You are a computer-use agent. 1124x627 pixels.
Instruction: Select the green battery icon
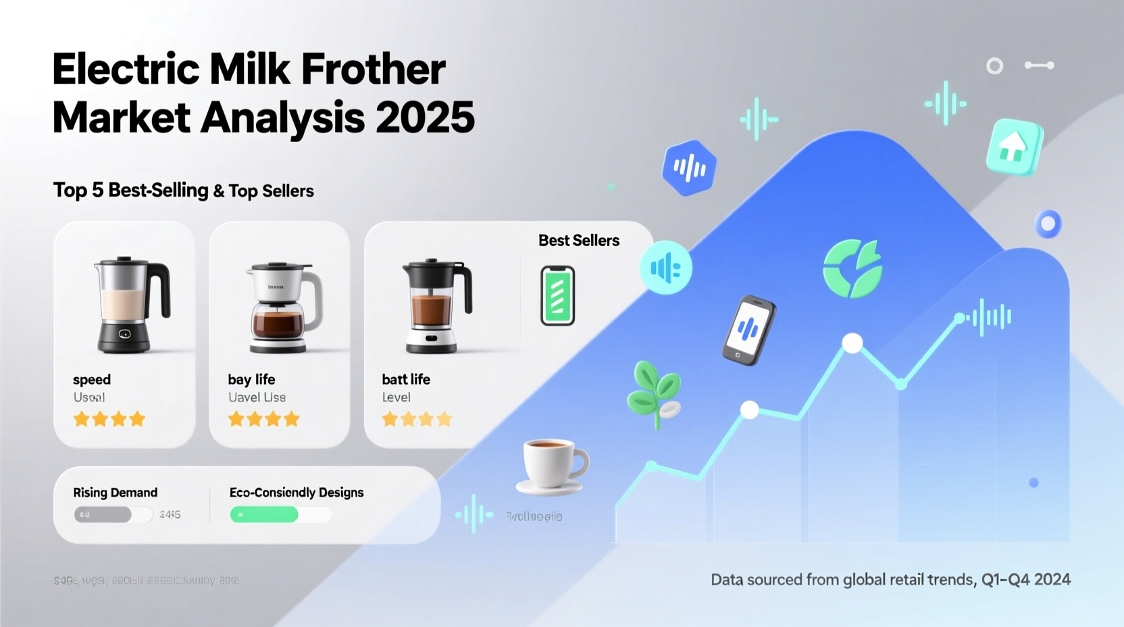click(557, 296)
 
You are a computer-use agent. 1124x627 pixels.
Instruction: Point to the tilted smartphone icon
click(748, 330)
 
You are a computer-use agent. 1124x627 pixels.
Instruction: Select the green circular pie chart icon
click(852, 269)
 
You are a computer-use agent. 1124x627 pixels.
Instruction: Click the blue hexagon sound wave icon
click(688, 168)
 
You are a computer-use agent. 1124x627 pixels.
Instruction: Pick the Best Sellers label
click(579, 241)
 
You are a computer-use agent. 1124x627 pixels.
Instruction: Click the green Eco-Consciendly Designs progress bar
click(264, 515)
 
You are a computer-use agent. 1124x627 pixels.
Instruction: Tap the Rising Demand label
click(116, 493)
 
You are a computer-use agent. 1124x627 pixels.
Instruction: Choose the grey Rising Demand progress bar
click(103, 515)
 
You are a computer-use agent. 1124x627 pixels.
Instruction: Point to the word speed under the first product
click(92, 380)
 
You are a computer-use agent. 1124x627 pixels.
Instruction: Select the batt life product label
click(406, 380)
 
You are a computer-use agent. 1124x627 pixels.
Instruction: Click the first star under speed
click(82, 420)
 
